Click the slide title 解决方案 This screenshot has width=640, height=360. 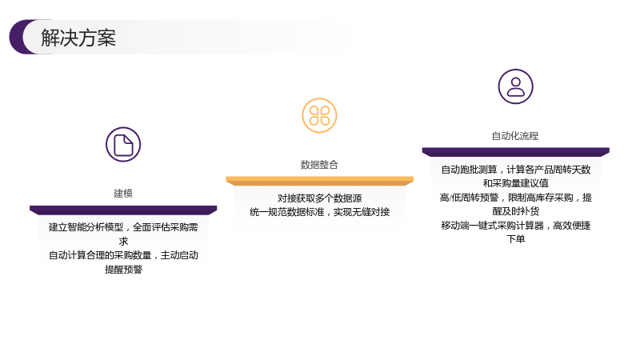(78, 38)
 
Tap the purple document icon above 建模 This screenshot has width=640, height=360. (123, 145)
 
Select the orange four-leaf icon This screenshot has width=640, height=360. (319, 115)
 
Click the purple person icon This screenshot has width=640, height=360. (515, 86)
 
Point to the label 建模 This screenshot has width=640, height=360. (123, 194)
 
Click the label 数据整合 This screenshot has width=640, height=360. (319, 165)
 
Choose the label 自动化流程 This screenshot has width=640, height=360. (515, 136)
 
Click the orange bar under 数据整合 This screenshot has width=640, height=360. (319, 181)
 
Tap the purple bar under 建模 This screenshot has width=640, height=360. (123, 210)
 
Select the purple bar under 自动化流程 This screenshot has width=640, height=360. (515, 152)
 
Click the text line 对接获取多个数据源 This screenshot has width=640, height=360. (319, 198)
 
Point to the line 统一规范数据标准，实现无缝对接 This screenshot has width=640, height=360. (319, 212)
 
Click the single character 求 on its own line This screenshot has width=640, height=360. (123, 242)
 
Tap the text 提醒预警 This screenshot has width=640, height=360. (123, 270)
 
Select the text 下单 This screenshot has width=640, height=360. (515, 239)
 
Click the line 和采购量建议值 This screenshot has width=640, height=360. (515, 183)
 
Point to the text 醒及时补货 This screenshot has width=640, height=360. (515, 211)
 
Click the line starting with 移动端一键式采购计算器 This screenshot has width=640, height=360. (515, 226)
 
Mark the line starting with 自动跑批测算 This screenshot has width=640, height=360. (515, 170)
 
